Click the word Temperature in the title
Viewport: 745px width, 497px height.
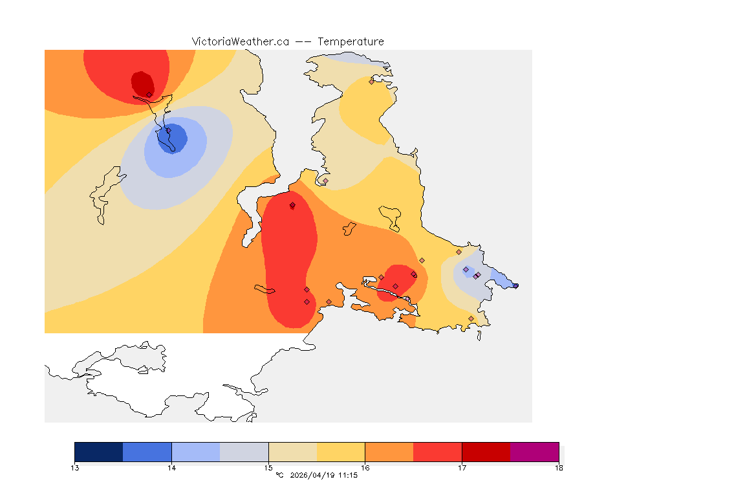(350, 41)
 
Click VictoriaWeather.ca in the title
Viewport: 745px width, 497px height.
(240, 41)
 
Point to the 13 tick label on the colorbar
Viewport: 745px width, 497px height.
(75, 467)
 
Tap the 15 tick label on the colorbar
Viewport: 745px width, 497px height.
(268, 467)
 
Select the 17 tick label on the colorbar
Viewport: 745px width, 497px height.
(462, 467)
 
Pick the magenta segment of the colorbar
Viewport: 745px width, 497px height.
(534, 452)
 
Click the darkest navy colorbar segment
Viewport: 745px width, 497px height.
(99, 452)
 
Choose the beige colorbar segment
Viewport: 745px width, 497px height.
(292, 452)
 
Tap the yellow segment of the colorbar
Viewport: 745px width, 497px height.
(341, 452)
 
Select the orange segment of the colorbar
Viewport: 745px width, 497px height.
(389, 452)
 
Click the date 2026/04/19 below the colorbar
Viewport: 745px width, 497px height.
(314, 476)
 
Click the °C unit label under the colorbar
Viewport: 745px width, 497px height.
(279, 476)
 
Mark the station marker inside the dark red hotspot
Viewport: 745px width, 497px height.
(149, 94)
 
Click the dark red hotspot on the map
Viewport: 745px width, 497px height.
(142, 83)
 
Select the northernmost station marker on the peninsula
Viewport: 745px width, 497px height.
(371, 82)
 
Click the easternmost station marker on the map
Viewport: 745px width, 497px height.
(515, 285)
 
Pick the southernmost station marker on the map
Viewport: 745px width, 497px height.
(471, 318)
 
